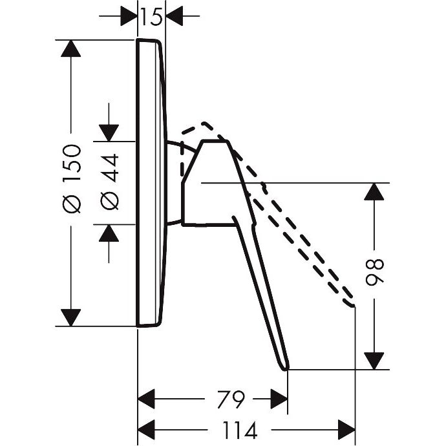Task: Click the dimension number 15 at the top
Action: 151,17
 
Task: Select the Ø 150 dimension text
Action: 71,178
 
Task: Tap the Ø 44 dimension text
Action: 109,182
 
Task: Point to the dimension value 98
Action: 374,272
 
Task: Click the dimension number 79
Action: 230,399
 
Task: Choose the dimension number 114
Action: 240,430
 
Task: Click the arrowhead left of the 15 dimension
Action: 129,16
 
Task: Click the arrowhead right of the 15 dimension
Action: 174,16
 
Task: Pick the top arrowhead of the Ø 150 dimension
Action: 70,48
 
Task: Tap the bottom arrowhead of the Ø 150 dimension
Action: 70,318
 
